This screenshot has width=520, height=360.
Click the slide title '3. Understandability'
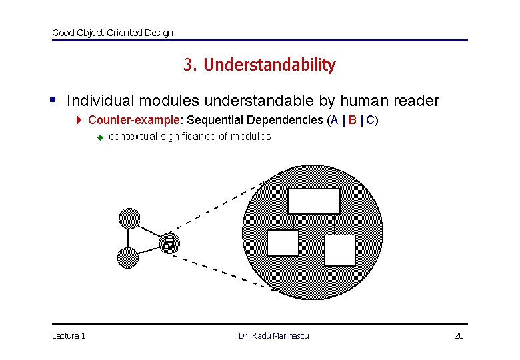[x=259, y=65]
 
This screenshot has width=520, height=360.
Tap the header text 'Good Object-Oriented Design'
[x=112, y=33]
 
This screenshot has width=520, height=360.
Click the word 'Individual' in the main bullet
[x=99, y=101]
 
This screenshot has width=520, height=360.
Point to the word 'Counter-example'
[x=134, y=120]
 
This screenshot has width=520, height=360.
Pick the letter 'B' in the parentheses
[x=352, y=120]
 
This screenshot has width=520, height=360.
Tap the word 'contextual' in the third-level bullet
[x=131, y=137]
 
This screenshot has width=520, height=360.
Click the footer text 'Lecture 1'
[x=69, y=335]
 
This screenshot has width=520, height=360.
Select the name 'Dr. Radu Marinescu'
[x=273, y=335]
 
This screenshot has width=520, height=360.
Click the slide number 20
[x=458, y=335]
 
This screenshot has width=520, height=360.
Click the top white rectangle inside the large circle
[x=313, y=201]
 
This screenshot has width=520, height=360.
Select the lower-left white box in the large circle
[x=283, y=243]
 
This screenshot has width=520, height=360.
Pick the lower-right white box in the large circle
[x=340, y=250]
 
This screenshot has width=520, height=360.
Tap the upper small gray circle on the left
[x=129, y=218]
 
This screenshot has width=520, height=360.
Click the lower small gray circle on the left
[x=127, y=257]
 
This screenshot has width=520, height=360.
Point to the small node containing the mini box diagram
[x=169, y=243]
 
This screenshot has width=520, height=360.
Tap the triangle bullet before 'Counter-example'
[x=79, y=121]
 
